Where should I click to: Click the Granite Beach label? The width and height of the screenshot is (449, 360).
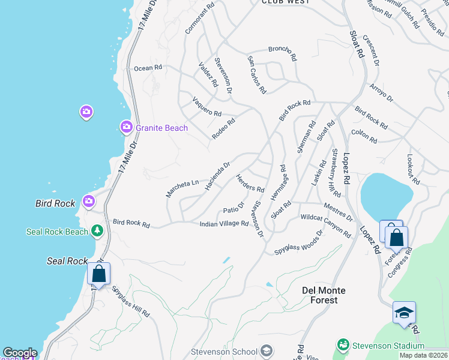[161, 128]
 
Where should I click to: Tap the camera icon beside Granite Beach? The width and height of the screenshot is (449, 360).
[127, 127]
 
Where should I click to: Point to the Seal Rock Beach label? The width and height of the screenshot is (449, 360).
[57, 232]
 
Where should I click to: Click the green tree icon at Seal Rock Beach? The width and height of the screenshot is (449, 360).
[97, 231]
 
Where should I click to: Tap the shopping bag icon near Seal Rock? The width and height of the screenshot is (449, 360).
[98, 274]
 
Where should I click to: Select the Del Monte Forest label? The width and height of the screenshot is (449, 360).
[324, 295]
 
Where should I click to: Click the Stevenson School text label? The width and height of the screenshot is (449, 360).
[225, 352]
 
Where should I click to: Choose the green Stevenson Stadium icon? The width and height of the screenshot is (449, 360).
[343, 345]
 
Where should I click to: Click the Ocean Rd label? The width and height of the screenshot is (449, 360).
[148, 68]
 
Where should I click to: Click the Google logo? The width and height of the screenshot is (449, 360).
[20, 353]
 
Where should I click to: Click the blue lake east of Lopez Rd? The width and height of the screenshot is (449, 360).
[386, 196]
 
